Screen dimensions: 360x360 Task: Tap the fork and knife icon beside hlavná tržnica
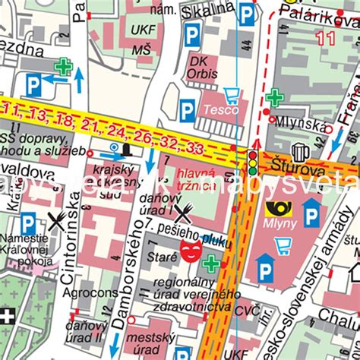182,212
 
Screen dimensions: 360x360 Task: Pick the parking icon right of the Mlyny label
311,216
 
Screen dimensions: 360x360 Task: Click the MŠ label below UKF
142,49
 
